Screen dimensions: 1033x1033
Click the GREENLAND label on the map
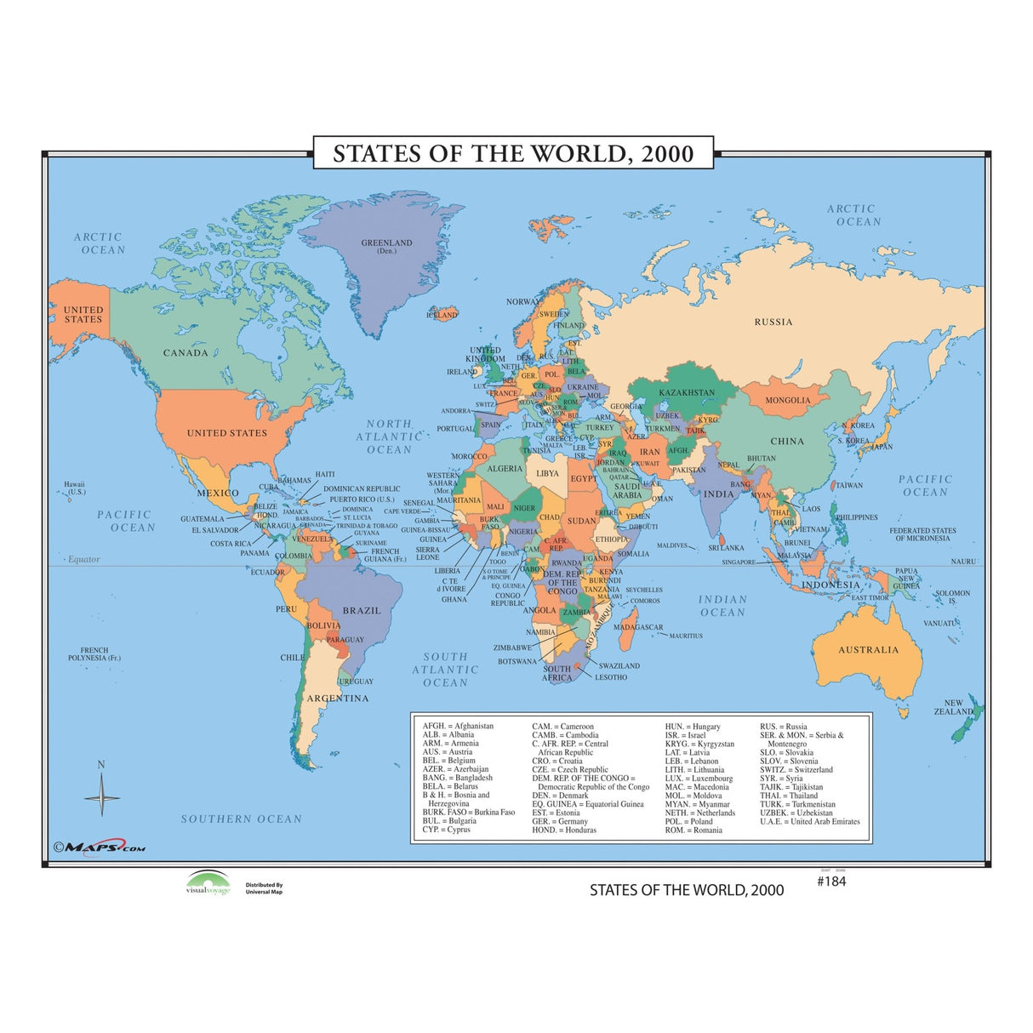(x=386, y=243)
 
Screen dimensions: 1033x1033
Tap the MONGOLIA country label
(x=788, y=400)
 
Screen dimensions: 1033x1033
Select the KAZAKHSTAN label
(x=687, y=392)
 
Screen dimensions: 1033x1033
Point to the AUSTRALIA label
(x=868, y=650)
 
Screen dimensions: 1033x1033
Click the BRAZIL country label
(x=362, y=611)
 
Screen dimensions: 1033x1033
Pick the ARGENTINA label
(x=338, y=699)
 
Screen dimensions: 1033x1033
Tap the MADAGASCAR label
(x=638, y=627)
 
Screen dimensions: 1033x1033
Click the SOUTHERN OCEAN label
(x=241, y=819)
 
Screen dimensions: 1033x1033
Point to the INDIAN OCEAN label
(x=722, y=606)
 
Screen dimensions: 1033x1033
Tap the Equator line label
(x=83, y=559)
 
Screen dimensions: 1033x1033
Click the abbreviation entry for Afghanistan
(x=458, y=726)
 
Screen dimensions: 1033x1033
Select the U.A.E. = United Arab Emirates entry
(x=809, y=821)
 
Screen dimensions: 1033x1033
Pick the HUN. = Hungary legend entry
(x=692, y=727)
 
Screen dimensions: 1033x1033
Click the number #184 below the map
(x=831, y=882)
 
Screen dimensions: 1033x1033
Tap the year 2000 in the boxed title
(x=667, y=154)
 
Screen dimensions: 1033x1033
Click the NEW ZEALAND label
(x=952, y=708)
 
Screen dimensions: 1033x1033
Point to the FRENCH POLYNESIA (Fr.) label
(x=94, y=654)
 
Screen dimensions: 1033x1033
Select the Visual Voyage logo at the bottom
(x=208, y=883)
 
